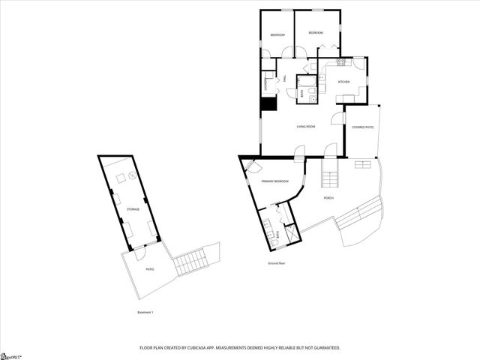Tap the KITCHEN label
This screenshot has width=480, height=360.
click(x=343, y=82)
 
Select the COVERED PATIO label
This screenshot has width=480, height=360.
click(x=363, y=127)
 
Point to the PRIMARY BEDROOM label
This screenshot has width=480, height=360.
click(x=274, y=181)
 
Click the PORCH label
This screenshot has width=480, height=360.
click(x=328, y=198)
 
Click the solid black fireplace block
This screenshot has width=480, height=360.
click(x=266, y=106)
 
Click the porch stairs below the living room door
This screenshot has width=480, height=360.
click(x=330, y=178)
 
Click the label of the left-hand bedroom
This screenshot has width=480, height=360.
click(x=277, y=34)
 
